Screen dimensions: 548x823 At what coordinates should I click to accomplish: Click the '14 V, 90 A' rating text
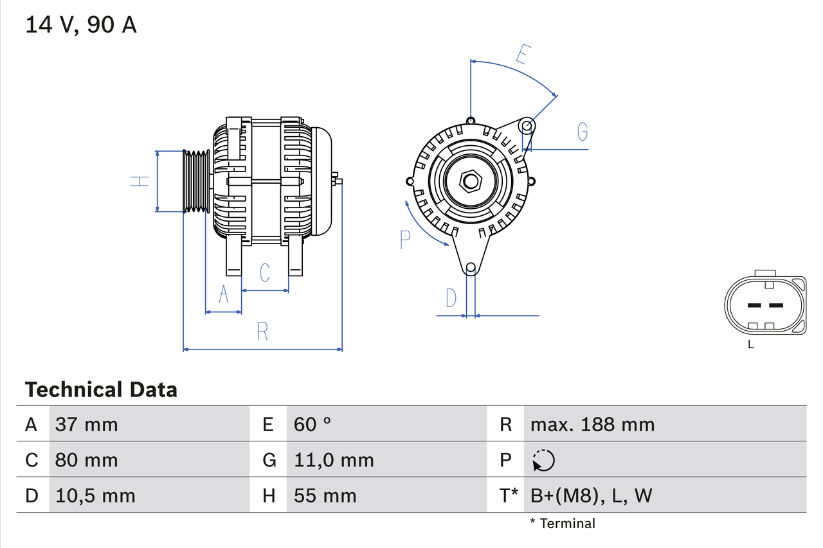pyautogui.click(x=81, y=25)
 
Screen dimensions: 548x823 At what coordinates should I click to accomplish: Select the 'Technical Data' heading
pyautogui.click(x=101, y=390)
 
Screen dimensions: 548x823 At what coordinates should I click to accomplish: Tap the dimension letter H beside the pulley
pyautogui.click(x=140, y=181)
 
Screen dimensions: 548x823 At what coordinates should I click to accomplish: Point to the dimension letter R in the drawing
pyautogui.click(x=262, y=331)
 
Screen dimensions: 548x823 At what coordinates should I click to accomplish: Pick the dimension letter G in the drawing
pyautogui.click(x=582, y=131)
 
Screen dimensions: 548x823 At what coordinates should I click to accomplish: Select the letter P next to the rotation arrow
pyautogui.click(x=404, y=240)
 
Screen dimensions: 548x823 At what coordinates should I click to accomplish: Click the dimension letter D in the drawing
pyautogui.click(x=451, y=298)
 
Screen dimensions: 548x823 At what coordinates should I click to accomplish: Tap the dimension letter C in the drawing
pyautogui.click(x=265, y=273)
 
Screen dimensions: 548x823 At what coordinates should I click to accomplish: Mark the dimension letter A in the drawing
pyautogui.click(x=223, y=294)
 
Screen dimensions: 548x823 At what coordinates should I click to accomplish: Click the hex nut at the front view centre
pyautogui.click(x=471, y=181)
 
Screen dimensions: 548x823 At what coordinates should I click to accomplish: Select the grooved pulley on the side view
pyautogui.click(x=197, y=181)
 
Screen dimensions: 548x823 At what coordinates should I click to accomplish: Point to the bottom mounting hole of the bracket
pyautogui.click(x=471, y=267)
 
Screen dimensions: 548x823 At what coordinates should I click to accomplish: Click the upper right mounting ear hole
pyautogui.click(x=527, y=125)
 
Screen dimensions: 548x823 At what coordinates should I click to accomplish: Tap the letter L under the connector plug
pyautogui.click(x=751, y=345)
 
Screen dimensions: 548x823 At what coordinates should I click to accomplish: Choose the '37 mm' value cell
pyautogui.click(x=87, y=425)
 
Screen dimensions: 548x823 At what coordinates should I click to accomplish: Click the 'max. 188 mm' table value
pyautogui.click(x=592, y=425)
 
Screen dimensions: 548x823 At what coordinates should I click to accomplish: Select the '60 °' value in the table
pyautogui.click(x=312, y=425)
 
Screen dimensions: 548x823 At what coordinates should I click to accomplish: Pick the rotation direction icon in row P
pyautogui.click(x=543, y=460)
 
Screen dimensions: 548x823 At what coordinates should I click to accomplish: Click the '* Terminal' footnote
pyautogui.click(x=563, y=524)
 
